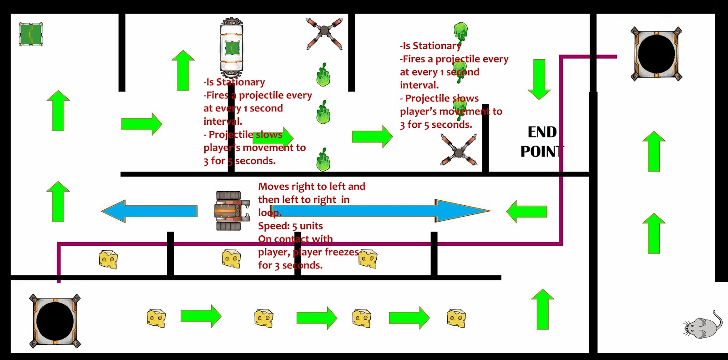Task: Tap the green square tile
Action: coord(31,34)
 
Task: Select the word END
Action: coord(542,132)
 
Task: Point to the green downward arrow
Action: coord(539,79)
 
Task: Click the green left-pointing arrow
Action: coord(526,212)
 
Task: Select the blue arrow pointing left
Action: coord(149,211)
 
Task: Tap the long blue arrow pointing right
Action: coord(380,211)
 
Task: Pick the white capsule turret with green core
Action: coord(232,47)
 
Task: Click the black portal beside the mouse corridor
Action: coord(656,54)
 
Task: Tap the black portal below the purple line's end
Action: coord(55,321)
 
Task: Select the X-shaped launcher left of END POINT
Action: coord(459,150)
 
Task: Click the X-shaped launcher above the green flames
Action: coord(324,33)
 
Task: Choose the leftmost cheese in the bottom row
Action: coord(156,318)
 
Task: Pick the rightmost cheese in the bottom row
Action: coord(456,318)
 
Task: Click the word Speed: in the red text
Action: coord(273,226)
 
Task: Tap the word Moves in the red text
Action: coord(273,187)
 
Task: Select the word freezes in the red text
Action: coord(341,252)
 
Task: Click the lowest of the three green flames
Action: coord(324,160)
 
